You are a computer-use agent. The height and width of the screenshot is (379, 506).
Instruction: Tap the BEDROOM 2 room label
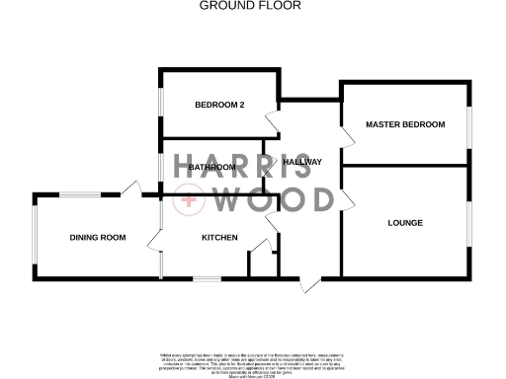219,105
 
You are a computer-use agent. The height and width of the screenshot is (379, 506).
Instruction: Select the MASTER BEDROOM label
405,125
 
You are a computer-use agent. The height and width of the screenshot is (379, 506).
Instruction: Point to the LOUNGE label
405,223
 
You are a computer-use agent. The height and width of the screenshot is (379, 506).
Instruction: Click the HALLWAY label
302,162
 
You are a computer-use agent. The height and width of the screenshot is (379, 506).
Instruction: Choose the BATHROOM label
211,168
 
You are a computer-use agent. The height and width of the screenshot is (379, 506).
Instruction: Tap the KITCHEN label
219,238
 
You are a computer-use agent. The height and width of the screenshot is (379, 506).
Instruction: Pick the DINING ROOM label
98,237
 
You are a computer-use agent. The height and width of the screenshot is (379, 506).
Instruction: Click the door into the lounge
347,197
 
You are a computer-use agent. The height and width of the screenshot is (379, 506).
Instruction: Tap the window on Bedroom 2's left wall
161,104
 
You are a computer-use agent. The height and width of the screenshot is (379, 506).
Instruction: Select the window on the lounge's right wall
468,223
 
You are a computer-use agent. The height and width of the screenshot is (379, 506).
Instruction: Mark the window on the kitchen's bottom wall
206,278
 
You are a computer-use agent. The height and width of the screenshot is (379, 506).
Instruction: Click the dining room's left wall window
34,237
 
